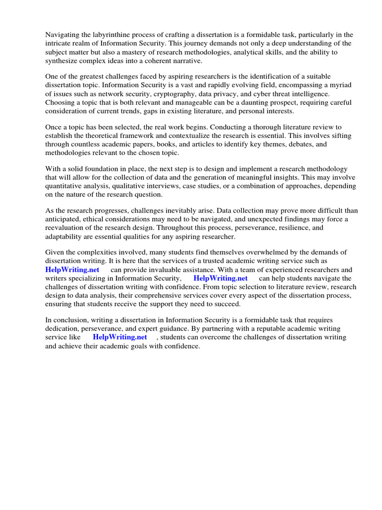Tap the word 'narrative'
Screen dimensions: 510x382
click(188, 61)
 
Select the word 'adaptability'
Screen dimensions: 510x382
click(65, 237)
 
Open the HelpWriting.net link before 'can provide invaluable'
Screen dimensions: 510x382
click(72, 269)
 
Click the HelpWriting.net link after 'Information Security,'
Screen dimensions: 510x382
click(220, 278)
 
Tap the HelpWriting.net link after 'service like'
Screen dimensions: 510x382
click(120, 337)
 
